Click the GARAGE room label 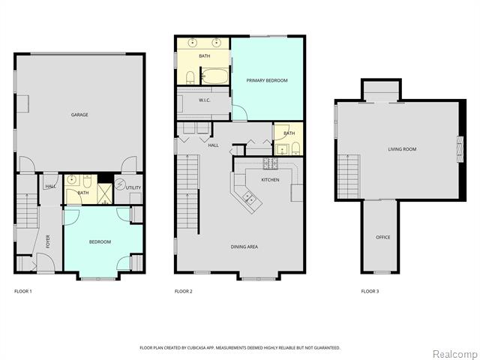79,115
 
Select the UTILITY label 133,187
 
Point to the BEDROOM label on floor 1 100,241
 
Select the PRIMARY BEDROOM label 266,80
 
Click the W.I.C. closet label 204,100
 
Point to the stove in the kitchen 269,164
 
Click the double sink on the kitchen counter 248,199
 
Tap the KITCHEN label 270,180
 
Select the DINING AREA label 244,247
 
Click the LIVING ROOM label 402,149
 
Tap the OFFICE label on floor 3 382,238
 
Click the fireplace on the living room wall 460,148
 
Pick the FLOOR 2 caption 184,291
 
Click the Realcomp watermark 453,352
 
